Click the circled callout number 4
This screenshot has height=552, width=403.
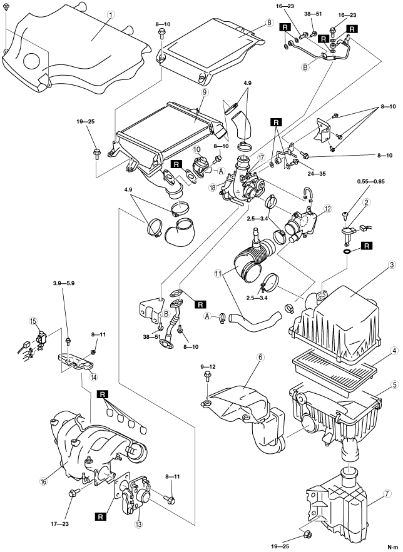pos(378,351)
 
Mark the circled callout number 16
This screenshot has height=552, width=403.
pos(44,482)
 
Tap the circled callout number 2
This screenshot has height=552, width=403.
pos(369,202)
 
